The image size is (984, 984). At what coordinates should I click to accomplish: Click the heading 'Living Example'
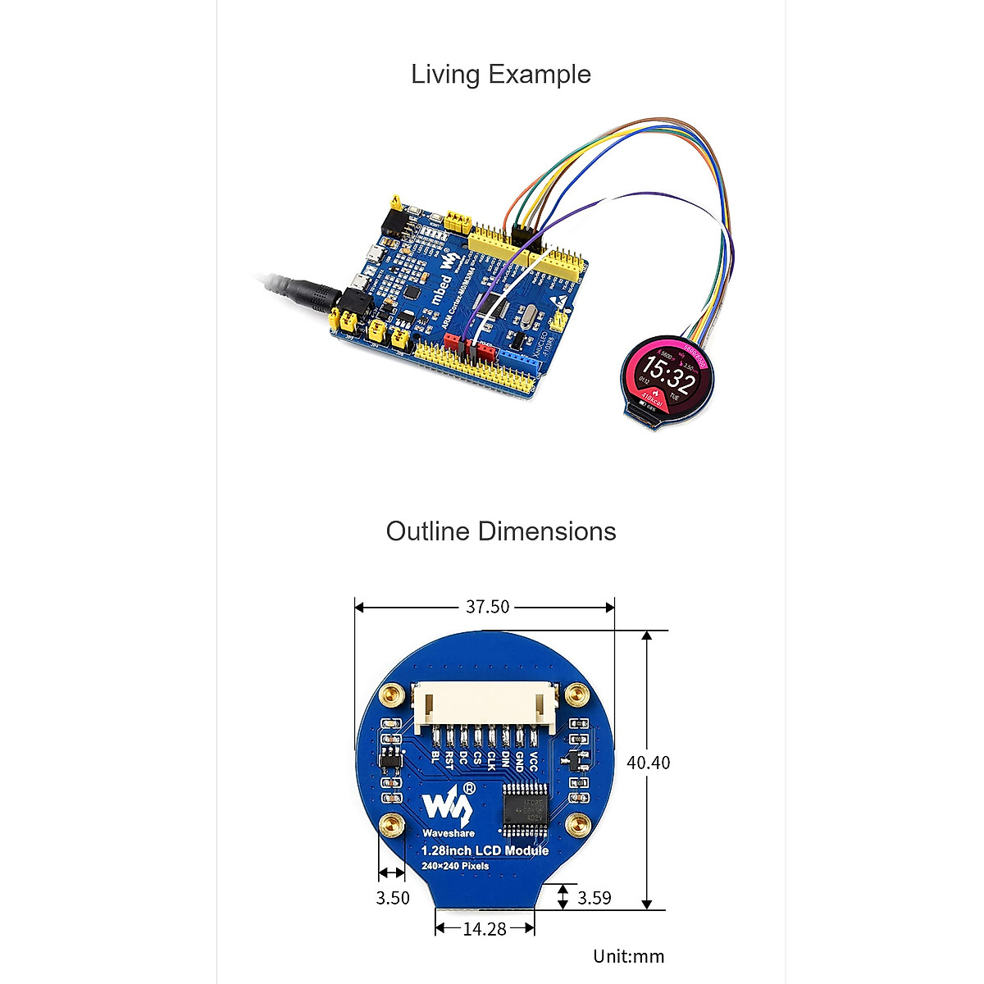(x=500, y=75)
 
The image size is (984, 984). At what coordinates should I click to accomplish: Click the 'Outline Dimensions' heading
(x=500, y=531)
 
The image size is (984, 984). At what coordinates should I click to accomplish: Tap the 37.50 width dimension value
(x=487, y=607)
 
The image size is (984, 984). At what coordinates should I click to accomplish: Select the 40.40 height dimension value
(x=648, y=763)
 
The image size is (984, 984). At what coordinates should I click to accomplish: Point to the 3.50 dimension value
(x=393, y=898)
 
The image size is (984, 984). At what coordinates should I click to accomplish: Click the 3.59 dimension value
(x=594, y=898)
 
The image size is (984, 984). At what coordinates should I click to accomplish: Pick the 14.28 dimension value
(x=485, y=929)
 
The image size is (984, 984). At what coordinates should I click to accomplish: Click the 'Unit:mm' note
(x=629, y=956)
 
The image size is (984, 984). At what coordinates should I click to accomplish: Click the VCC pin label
(x=533, y=761)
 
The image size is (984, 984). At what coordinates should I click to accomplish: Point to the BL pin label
(x=435, y=757)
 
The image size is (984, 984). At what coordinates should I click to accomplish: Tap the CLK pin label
(x=491, y=760)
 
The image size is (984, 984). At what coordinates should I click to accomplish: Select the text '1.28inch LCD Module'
(x=485, y=850)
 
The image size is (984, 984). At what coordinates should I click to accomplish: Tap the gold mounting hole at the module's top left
(x=394, y=699)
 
